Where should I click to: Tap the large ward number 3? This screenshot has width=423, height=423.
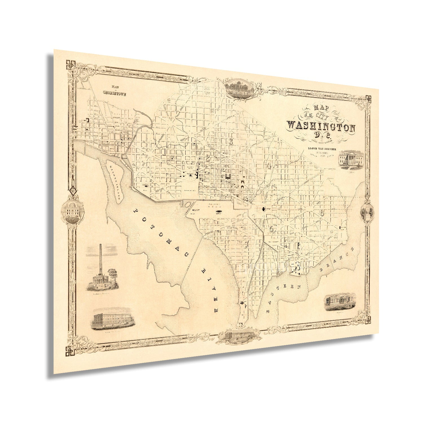coord(231,141)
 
